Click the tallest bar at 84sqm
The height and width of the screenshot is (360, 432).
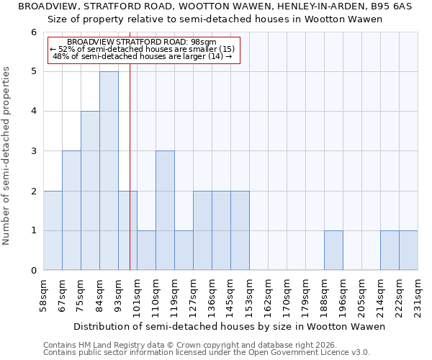coord(109,171)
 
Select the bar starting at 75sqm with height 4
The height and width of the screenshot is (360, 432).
coord(90,191)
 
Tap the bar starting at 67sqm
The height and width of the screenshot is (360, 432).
coord(71,210)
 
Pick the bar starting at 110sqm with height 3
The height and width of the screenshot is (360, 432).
coord(165,210)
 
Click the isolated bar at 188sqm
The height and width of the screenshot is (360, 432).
coord(333,251)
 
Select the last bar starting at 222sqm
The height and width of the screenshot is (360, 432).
coord(408,251)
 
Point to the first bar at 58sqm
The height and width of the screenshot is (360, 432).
coord(53,230)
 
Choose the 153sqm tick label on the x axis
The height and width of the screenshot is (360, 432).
coord(249,296)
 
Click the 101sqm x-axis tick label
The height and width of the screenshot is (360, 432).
coord(137,296)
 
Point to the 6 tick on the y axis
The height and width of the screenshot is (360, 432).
coord(33,32)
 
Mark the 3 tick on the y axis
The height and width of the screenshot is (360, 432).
coord(33,151)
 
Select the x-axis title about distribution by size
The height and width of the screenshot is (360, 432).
coord(230,326)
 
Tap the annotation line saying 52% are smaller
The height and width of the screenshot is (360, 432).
coord(143,49)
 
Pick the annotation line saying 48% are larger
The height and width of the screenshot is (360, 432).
coord(143,56)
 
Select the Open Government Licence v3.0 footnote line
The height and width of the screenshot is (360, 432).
coord(207,353)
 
